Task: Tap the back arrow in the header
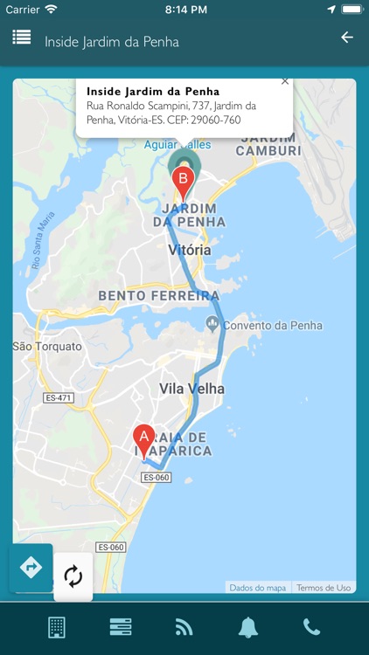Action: tap(347, 38)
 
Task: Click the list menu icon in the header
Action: tap(22, 38)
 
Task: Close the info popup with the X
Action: tap(285, 81)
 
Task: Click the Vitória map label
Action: tap(189, 250)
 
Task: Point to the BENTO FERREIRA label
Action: tap(158, 296)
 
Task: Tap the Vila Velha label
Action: tap(191, 389)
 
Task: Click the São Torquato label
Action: tap(47, 346)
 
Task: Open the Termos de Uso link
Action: tap(324, 588)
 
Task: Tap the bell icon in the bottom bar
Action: tap(247, 627)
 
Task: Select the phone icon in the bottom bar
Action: tap(311, 627)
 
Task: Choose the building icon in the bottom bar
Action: tap(57, 627)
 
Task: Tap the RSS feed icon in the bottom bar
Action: tap(184, 627)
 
